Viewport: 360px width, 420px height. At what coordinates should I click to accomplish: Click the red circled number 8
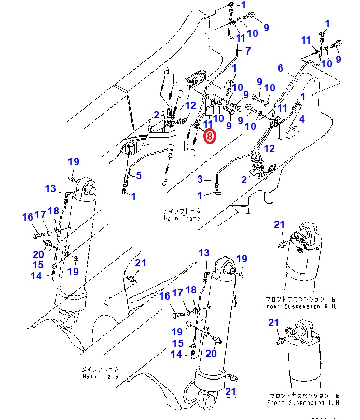[209, 137]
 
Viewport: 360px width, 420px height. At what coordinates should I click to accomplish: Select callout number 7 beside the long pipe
[247, 51]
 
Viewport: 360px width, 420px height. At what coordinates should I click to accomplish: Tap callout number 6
[281, 68]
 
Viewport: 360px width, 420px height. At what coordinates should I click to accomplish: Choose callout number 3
[200, 180]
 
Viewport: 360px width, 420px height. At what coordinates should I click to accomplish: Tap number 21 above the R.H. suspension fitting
[280, 224]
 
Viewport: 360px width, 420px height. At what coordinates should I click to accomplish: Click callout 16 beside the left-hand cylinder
[27, 218]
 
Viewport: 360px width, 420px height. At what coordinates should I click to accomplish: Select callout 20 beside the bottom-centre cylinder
[211, 354]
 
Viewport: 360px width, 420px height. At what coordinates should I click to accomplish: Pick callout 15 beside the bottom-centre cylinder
[178, 343]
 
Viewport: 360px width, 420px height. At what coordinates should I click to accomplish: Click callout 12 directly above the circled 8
[190, 105]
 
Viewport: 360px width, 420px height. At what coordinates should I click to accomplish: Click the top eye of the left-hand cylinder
[88, 185]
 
